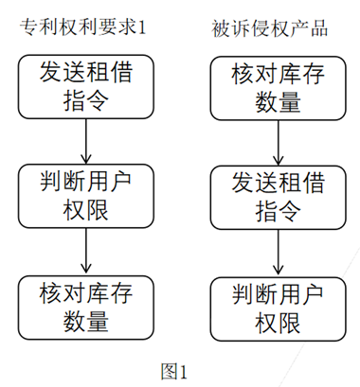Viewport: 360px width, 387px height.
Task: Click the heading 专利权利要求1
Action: pyautogui.click(x=86, y=26)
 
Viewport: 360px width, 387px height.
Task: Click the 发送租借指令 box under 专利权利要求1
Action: pyautogui.click(x=86, y=86)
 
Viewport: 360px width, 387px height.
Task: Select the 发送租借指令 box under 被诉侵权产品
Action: pyautogui.click(x=276, y=198)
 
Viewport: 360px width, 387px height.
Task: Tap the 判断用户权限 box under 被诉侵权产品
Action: pyautogui.click(x=276, y=308)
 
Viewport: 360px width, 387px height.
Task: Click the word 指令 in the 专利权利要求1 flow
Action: pyautogui.click(x=86, y=100)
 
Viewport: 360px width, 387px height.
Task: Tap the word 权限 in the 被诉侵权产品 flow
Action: pyautogui.click(x=276, y=324)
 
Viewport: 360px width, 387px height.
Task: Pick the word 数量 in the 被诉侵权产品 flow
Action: pyautogui.click(x=276, y=103)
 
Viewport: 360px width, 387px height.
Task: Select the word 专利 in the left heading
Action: pyautogui.click(x=39, y=26)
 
